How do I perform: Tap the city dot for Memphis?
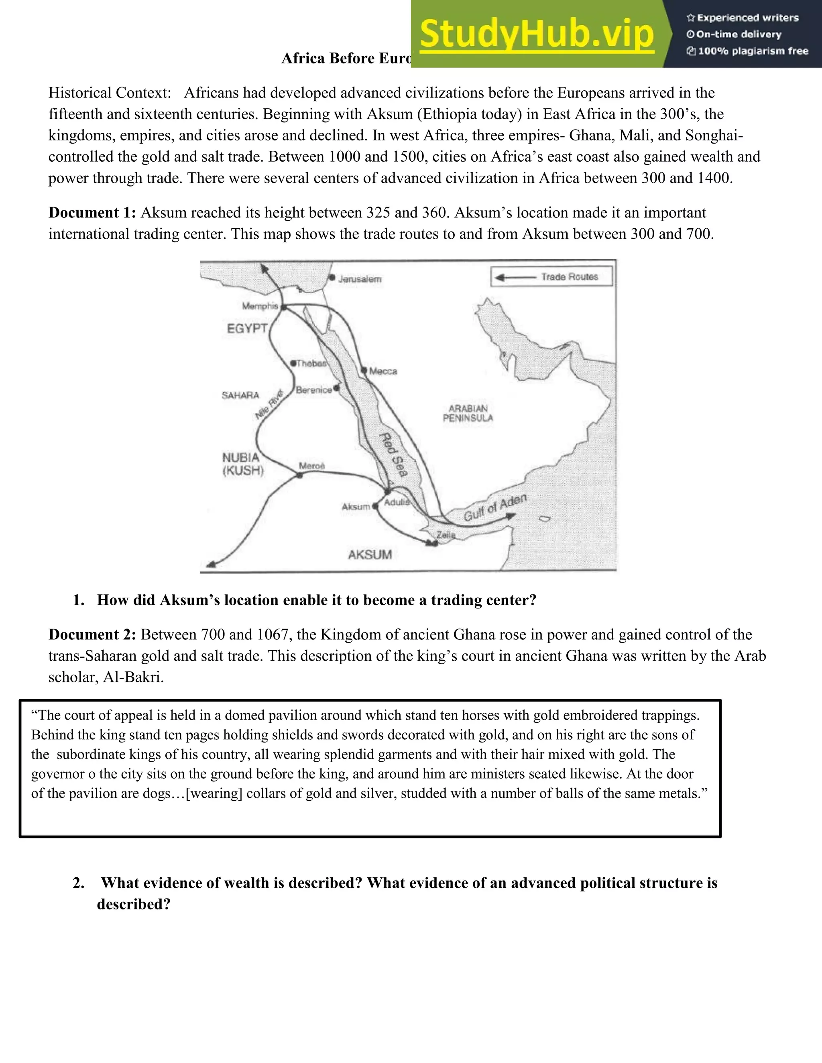click(283, 306)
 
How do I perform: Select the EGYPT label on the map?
click(247, 328)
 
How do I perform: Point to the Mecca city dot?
click(363, 370)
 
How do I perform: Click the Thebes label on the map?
click(311, 363)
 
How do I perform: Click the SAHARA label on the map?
click(240, 395)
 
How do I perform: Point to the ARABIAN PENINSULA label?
click(468, 413)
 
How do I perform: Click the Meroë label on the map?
click(311, 466)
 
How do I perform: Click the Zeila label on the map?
click(446, 535)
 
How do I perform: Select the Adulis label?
click(397, 502)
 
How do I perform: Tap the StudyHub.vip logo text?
click(536, 34)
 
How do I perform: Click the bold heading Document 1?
click(92, 213)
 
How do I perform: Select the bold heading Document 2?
click(92, 635)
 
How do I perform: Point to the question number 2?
click(78, 883)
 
